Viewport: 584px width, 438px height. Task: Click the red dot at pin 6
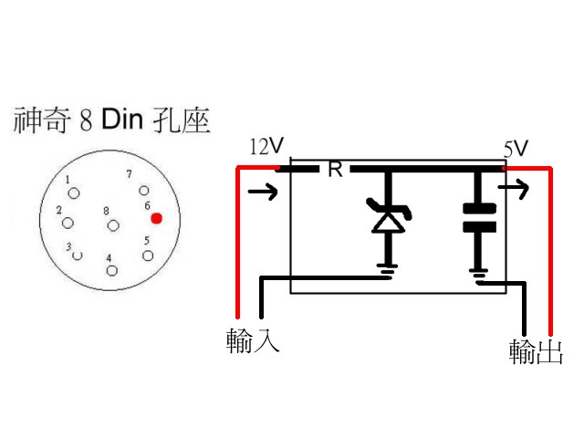(x=157, y=219)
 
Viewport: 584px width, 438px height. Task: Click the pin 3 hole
(x=78, y=255)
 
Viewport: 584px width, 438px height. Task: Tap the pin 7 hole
(x=142, y=190)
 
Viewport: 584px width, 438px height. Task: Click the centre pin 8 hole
(x=112, y=224)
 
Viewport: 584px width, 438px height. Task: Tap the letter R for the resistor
(x=334, y=170)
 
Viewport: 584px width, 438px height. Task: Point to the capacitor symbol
(x=478, y=215)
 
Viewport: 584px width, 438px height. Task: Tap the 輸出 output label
(x=536, y=351)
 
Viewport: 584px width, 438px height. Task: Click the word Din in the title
(x=124, y=120)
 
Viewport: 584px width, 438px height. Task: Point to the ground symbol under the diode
(x=388, y=268)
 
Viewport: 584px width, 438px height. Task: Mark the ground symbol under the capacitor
(x=478, y=270)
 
